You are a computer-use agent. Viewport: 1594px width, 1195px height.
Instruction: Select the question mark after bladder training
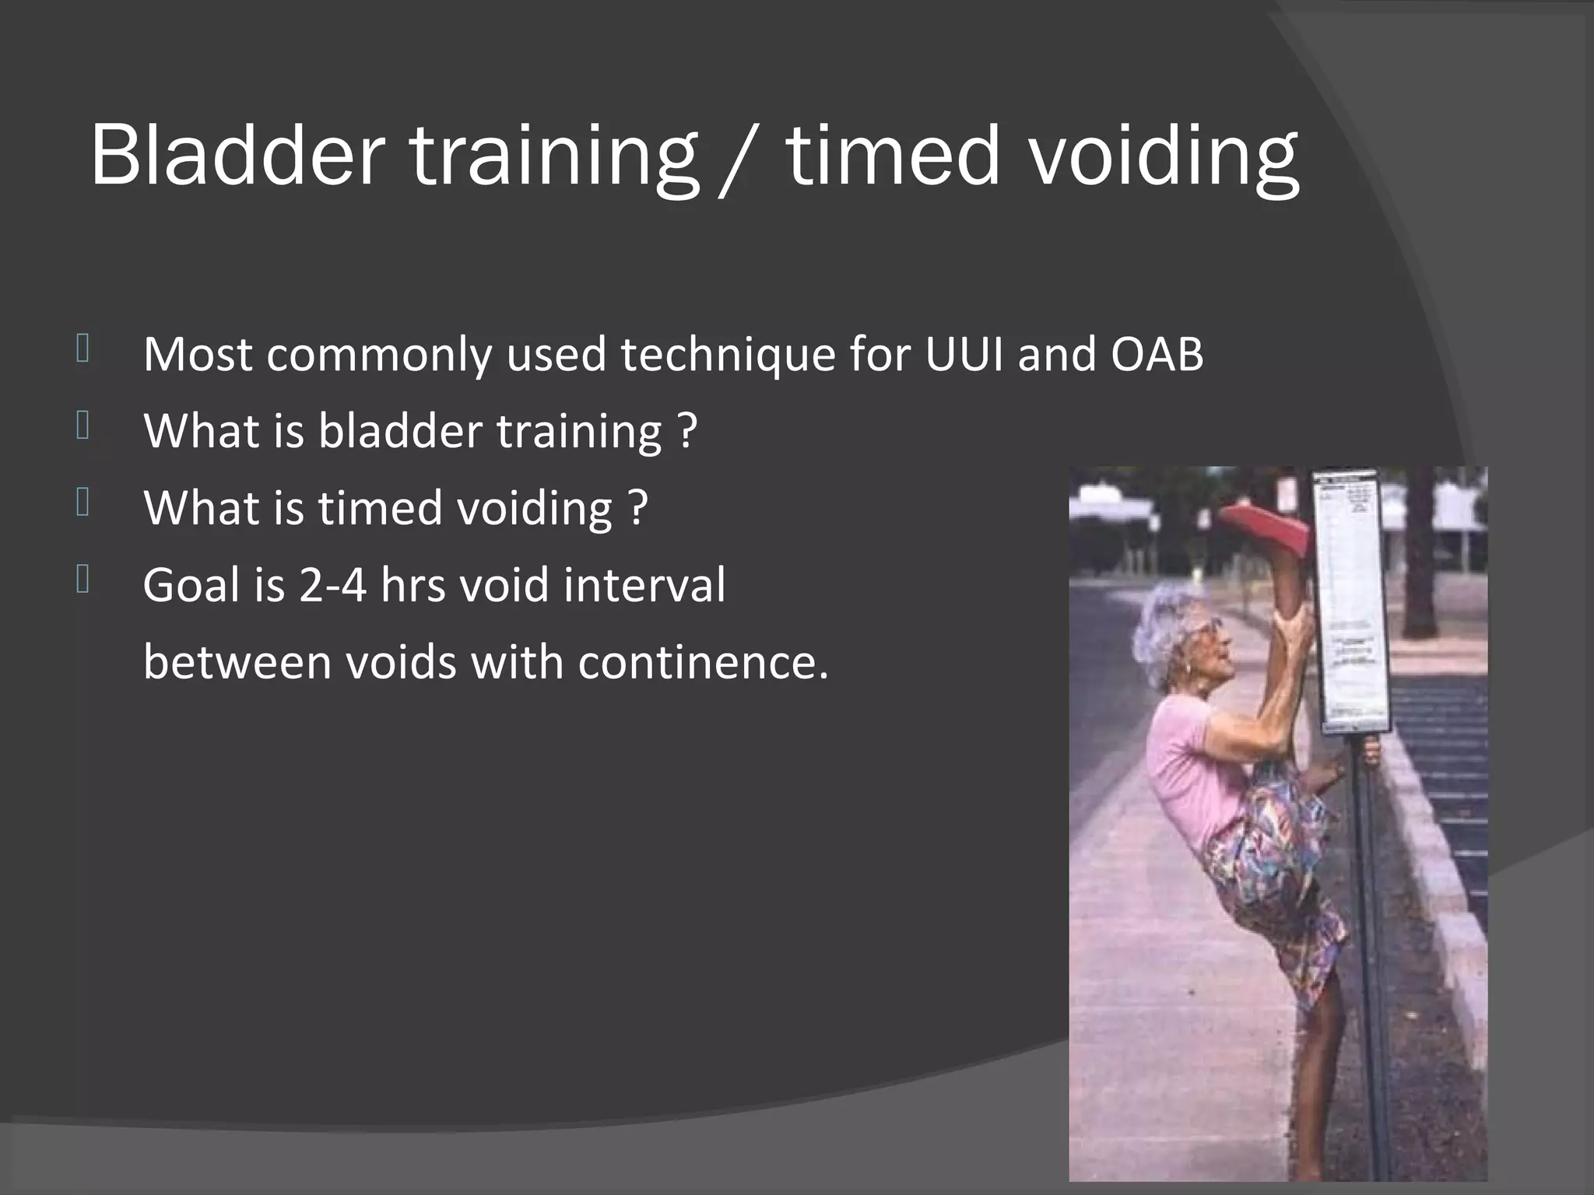(687, 431)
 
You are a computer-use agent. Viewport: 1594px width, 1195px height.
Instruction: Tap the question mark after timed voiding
(638, 508)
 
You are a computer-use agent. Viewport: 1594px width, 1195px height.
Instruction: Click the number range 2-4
(332, 584)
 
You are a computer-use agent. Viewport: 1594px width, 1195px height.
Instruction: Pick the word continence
(703, 662)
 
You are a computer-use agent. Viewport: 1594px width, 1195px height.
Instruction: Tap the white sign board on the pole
(1353, 599)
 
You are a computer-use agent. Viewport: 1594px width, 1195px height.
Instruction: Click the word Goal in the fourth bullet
(191, 584)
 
